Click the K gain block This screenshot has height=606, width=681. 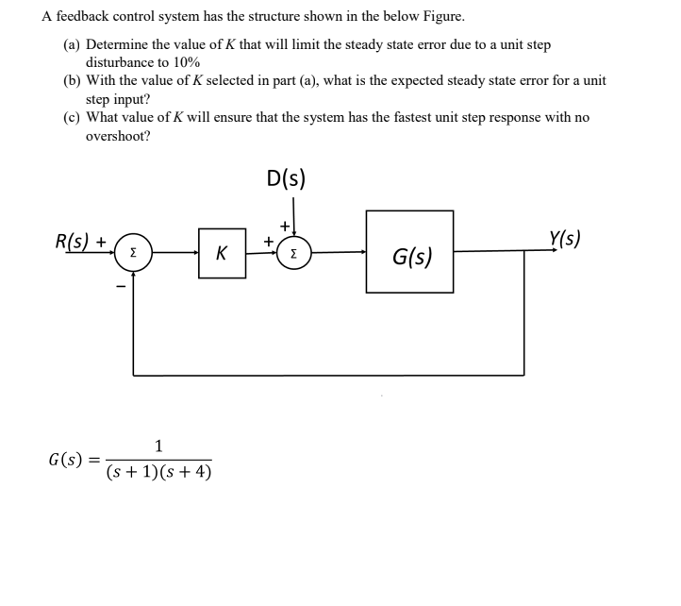click(222, 253)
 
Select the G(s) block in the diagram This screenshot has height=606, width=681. click(409, 252)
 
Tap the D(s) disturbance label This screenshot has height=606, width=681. click(286, 178)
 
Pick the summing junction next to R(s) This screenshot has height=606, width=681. click(133, 253)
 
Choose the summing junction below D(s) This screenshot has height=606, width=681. click(294, 253)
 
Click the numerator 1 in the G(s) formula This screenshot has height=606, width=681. click(158, 445)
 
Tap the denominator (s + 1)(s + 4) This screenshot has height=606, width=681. click(158, 471)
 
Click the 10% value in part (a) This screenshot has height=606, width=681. click(184, 61)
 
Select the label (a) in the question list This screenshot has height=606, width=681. click(72, 44)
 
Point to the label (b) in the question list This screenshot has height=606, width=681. click(72, 80)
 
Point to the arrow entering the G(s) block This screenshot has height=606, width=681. click(361, 252)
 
